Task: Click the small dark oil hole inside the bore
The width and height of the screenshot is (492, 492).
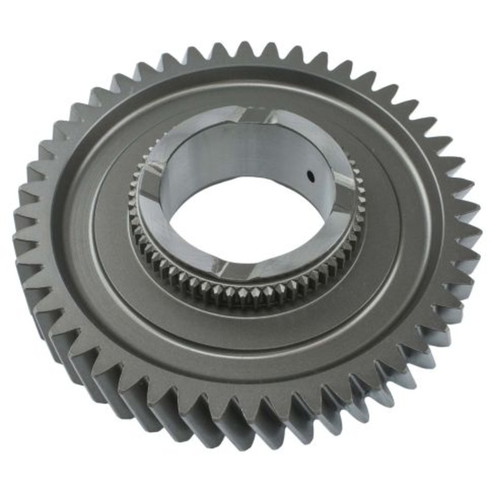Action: [312, 176]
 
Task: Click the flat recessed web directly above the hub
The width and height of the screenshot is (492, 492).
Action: [246, 92]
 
